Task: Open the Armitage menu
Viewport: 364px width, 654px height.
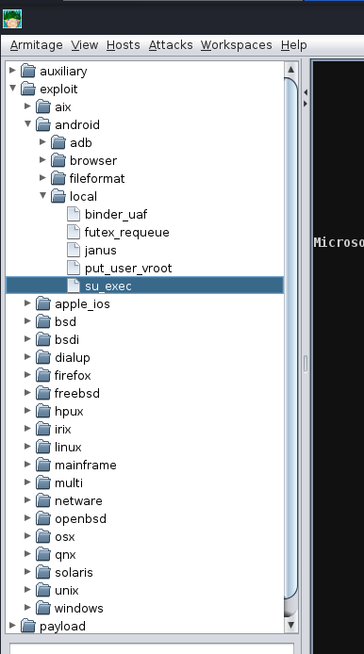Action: click(x=37, y=45)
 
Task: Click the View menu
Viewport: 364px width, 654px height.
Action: click(x=84, y=45)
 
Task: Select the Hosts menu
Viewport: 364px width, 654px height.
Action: click(x=124, y=45)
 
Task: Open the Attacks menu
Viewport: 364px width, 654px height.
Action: click(x=171, y=45)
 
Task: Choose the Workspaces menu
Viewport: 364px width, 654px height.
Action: click(x=237, y=45)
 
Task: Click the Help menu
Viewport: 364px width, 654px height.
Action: click(x=294, y=45)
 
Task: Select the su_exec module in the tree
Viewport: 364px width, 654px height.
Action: click(x=108, y=286)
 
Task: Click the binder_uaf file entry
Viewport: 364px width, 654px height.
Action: click(x=116, y=214)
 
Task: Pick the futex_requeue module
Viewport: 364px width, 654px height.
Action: click(x=127, y=233)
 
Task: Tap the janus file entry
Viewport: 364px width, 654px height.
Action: click(x=101, y=251)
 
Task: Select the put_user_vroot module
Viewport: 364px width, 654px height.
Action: click(x=128, y=269)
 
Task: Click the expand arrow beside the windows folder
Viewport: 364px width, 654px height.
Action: click(x=28, y=607)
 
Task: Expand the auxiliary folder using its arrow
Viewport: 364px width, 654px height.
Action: click(x=13, y=70)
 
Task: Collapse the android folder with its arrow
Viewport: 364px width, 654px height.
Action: click(x=28, y=123)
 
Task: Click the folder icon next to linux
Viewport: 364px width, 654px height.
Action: click(x=43, y=447)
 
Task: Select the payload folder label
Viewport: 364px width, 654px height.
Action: click(x=62, y=626)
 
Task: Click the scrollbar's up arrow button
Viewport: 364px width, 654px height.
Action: click(x=291, y=69)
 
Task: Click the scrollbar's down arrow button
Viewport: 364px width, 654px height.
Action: click(x=291, y=625)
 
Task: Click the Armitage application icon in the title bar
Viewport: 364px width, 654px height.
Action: click(x=12, y=19)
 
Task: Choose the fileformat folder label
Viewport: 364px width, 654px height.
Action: click(x=97, y=178)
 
